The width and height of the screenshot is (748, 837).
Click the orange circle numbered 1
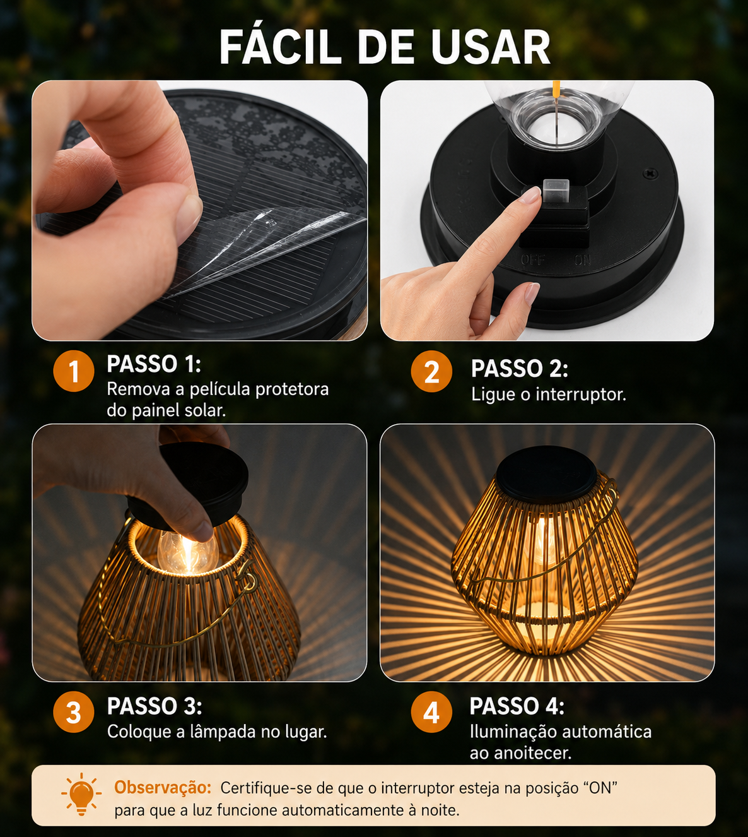pyautogui.click(x=74, y=371)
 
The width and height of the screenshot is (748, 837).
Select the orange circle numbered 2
pyautogui.click(x=431, y=371)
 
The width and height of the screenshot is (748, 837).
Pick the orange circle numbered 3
pyautogui.click(x=74, y=712)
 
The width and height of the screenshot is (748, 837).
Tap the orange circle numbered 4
pyautogui.click(x=431, y=712)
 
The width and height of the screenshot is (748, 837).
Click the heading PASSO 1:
pyautogui.click(x=154, y=364)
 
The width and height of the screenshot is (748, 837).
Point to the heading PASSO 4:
pyautogui.click(x=517, y=706)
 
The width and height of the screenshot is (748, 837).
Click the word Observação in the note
pyautogui.click(x=163, y=787)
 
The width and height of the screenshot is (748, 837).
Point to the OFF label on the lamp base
pyautogui.click(x=532, y=260)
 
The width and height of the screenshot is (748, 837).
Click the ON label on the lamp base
pyautogui.click(x=582, y=260)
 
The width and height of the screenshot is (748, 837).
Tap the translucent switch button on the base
pyautogui.click(x=556, y=191)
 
